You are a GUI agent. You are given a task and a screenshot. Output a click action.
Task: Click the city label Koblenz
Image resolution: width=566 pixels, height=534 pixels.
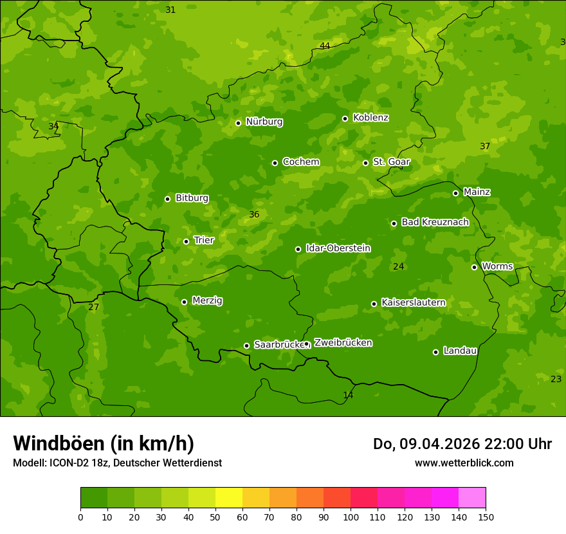[370, 118]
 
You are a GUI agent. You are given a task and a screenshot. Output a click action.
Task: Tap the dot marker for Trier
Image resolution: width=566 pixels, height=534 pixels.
[186, 241]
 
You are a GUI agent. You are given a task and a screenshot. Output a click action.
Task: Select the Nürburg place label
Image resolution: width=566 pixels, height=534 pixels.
[264, 122]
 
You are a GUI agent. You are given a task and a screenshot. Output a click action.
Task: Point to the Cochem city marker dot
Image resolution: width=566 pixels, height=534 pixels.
[275, 163]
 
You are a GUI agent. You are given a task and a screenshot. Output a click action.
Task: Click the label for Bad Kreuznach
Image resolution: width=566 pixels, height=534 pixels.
[435, 222]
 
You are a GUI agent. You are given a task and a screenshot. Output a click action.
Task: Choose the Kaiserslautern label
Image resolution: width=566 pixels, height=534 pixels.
[414, 302]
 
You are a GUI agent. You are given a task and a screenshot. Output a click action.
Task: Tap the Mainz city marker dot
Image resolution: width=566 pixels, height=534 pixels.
[455, 193]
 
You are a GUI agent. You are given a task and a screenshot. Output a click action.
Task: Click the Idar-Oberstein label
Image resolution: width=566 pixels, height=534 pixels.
[338, 248]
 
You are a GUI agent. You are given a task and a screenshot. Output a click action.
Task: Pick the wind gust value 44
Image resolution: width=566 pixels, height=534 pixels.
[325, 46]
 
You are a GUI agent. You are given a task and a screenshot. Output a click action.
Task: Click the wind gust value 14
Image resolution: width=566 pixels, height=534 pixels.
[348, 395]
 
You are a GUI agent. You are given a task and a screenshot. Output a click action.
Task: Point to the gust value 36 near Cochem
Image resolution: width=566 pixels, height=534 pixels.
[254, 214]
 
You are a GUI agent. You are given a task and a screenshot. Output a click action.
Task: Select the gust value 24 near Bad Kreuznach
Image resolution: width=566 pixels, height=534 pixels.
[399, 266]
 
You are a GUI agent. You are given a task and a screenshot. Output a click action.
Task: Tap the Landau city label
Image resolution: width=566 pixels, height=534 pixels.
[460, 351]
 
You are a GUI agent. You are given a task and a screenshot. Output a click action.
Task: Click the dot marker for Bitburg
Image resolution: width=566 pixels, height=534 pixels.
[167, 199]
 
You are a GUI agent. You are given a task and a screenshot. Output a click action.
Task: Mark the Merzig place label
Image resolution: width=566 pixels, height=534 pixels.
[207, 300]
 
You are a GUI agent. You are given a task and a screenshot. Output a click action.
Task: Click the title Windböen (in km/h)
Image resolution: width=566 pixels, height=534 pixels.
[104, 443]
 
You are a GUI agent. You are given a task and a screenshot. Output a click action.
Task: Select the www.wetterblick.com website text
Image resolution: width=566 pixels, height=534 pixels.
[464, 463]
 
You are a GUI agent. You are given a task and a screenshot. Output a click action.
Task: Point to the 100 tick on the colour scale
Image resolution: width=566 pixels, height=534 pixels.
[351, 517]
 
